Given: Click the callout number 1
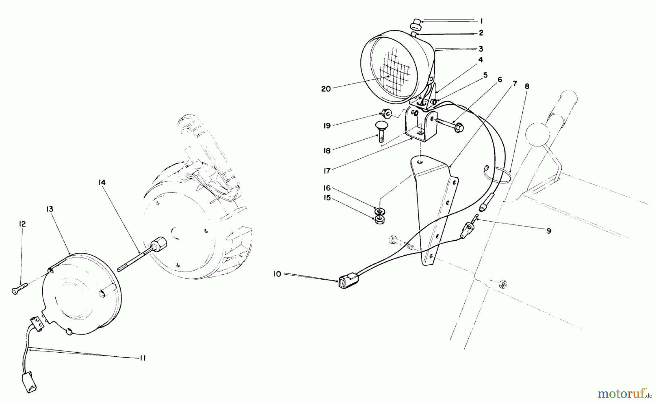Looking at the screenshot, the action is (x=481, y=21).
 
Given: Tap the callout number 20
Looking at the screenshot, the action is (x=326, y=89).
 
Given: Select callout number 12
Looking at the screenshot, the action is (x=22, y=224).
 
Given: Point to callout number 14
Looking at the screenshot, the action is (x=102, y=182).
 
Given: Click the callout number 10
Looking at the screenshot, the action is (x=277, y=274).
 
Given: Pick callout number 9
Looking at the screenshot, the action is (x=549, y=231).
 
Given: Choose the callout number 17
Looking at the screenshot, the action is (x=327, y=171).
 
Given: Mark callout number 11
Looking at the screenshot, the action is (x=142, y=358).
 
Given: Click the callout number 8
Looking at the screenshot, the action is (x=527, y=86).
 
